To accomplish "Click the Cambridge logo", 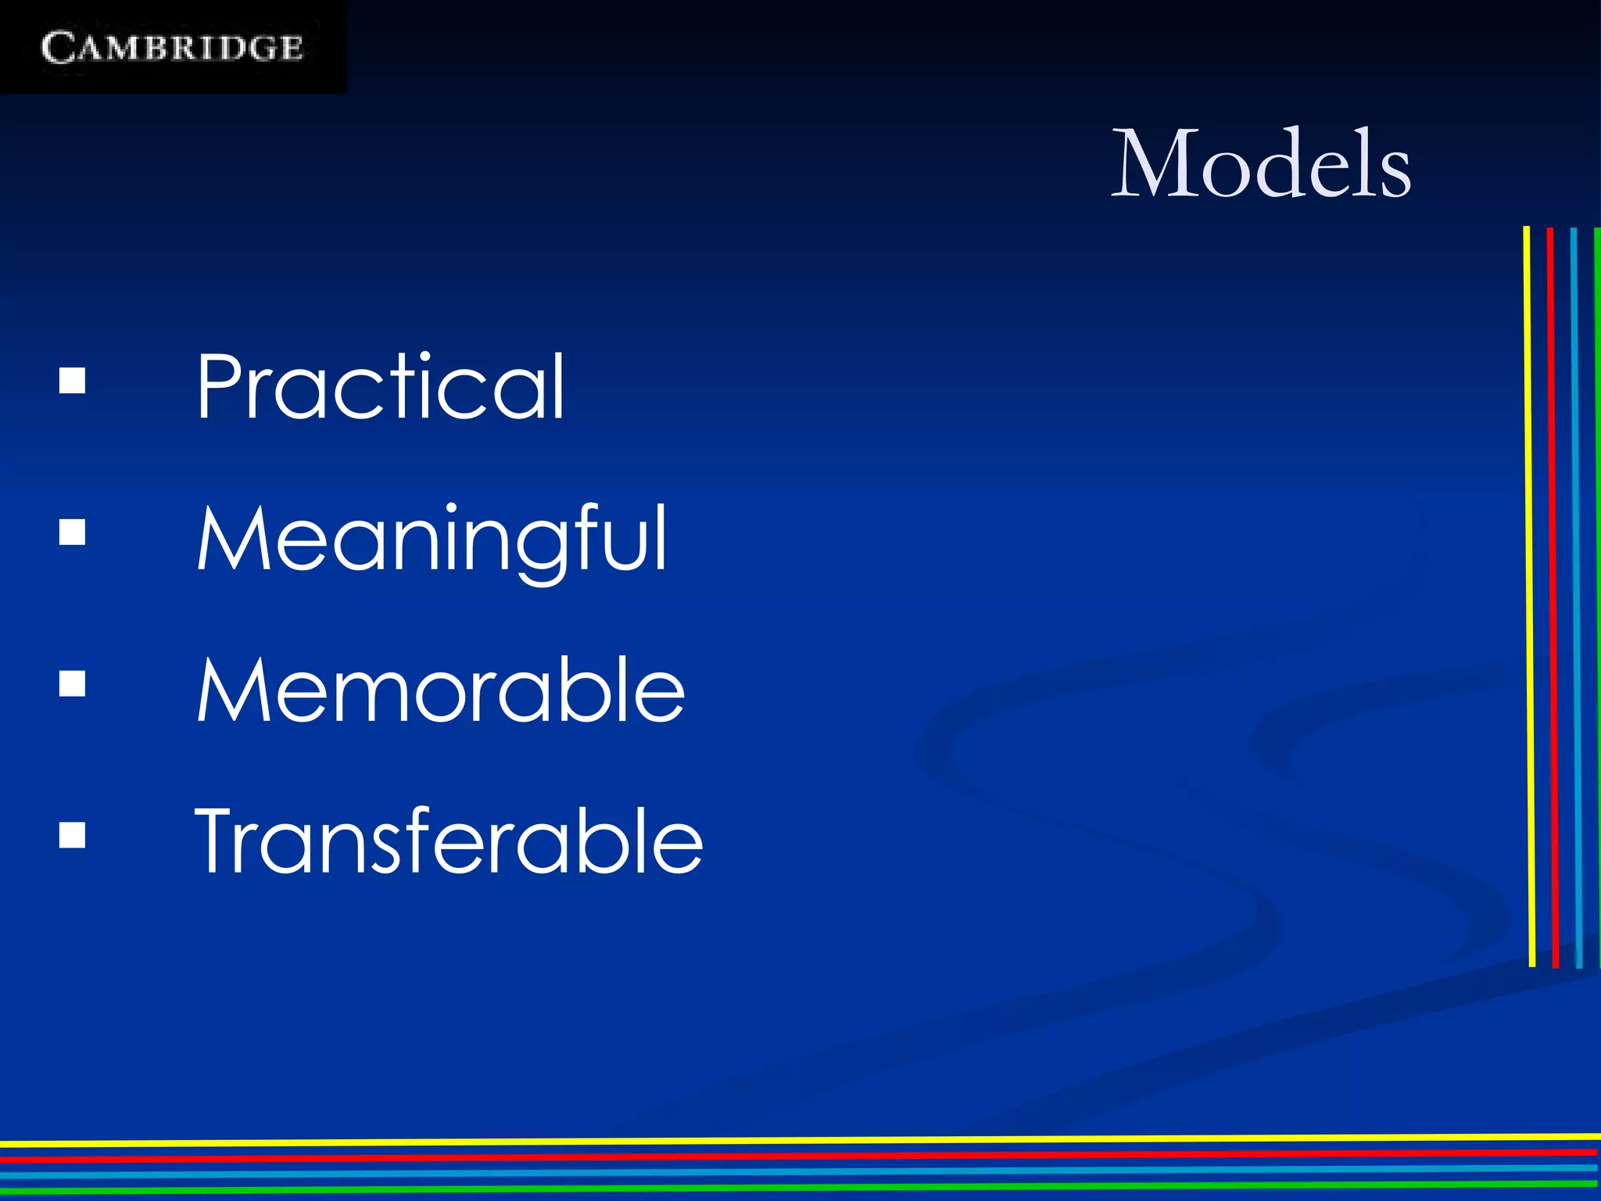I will tap(172, 47).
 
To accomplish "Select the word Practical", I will tap(380, 386).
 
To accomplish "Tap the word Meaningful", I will tap(432, 540).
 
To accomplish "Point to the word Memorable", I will tap(441, 690).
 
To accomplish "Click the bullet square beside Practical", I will tap(72, 382).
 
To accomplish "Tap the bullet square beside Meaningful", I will tap(72, 533).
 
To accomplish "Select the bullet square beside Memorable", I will tap(72, 684).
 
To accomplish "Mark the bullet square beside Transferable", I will tap(72, 836).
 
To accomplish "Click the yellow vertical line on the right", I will tap(1529, 594).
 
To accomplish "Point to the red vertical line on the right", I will tap(1553, 594).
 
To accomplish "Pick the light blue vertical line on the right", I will tap(1576, 594).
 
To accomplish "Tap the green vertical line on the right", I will tap(1596, 594).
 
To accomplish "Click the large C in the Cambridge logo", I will tap(58, 48).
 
